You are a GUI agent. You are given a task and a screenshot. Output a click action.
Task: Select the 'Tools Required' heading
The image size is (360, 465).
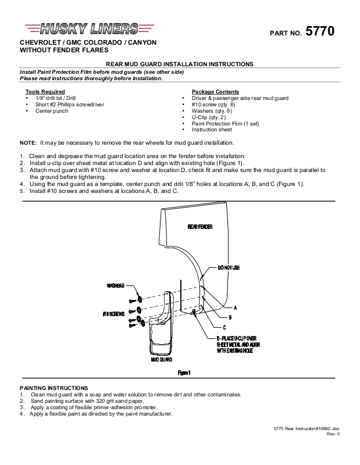pyautogui.click(x=45, y=92)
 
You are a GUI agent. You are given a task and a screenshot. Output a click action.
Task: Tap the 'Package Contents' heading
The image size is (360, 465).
pyautogui.click(x=215, y=92)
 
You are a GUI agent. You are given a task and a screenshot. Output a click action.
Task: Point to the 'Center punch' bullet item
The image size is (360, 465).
pyautogui.click(x=52, y=111)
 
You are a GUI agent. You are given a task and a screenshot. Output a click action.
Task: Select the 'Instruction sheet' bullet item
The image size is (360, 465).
pyautogui.click(x=212, y=130)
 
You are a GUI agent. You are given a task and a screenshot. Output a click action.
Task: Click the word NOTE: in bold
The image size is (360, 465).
pyautogui.click(x=28, y=142)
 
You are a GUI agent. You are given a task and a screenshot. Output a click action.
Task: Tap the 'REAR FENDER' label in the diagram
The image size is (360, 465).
pyautogui.click(x=199, y=226)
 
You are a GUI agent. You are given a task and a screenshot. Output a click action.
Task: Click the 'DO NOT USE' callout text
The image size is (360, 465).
pyautogui.click(x=229, y=267)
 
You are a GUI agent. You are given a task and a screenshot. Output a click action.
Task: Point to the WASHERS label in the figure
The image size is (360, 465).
pyautogui.click(x=116, y=286)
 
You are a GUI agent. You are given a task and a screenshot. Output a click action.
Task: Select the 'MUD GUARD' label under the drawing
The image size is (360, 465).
pyautogui.click(x=162, y=360)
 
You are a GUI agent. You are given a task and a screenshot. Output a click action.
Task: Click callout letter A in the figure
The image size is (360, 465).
pyautogui.click(x=235, y=307)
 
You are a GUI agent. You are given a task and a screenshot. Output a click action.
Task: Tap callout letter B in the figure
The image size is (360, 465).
pyautogui.click(x=230, y=317)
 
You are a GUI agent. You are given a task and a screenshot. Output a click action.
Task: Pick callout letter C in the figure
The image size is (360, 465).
pyautogui.click(x=224, y=327)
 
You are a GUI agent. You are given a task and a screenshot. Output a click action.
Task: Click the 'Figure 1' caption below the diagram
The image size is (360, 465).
pyautogui.click(x=184, y=373)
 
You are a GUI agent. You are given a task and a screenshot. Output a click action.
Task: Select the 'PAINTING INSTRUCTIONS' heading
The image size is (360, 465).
pyautogui.click(x=54, y=388)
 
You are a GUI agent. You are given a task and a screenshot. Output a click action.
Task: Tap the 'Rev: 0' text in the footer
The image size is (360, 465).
pyautogui.click(x=333, y=434)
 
